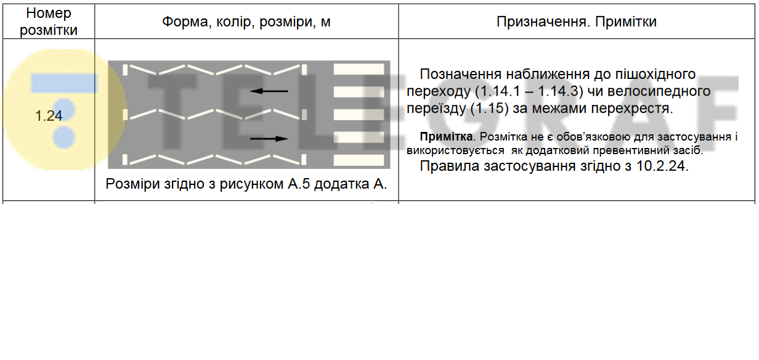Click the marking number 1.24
(x=49, y=115)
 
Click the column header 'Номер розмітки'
(x=49, y=22)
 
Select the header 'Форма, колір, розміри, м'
(x=246, y=22)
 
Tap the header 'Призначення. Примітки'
(x=576, y=22)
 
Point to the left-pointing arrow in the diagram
(x=269, y=91)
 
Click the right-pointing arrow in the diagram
(x=269, y=139)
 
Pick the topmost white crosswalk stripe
(x=349, y=69)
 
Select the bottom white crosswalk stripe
(x=349, y=160)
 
